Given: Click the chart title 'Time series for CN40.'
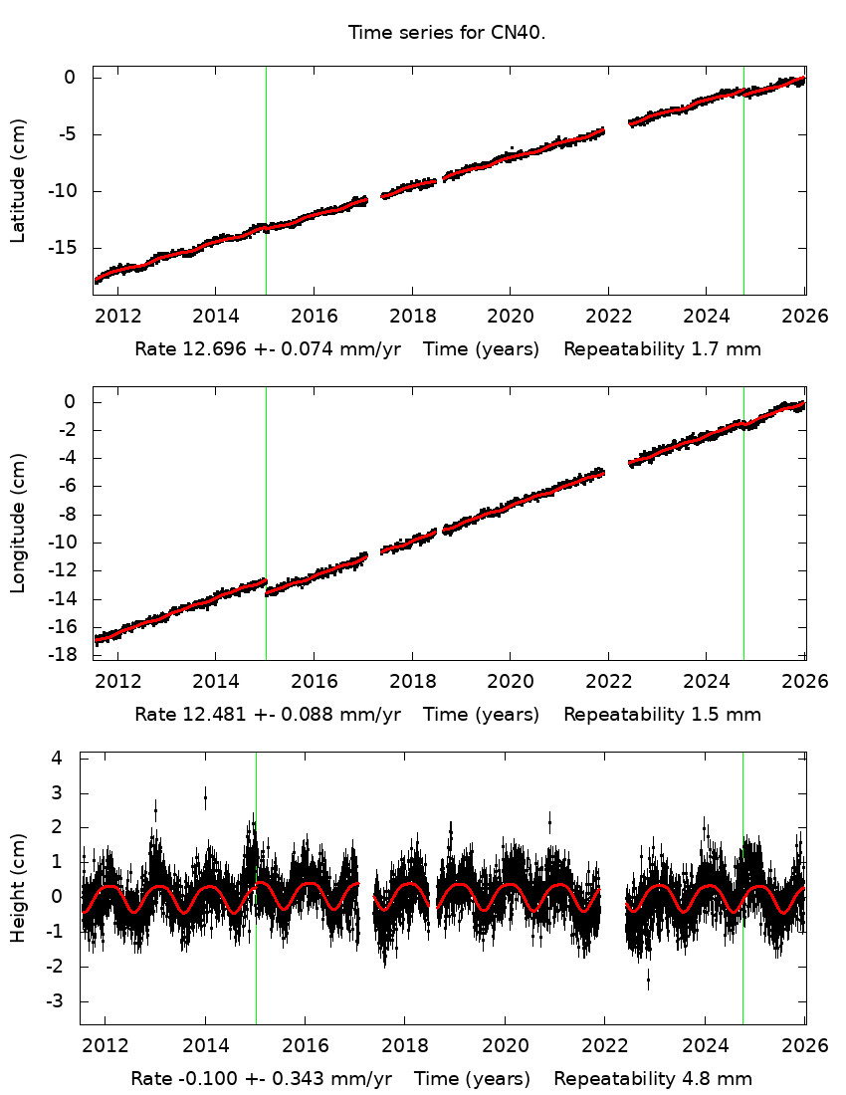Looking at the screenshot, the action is (447, 33).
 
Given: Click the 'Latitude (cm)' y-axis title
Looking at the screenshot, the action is (18, 180).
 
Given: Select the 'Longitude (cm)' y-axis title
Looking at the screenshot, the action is (18, 523).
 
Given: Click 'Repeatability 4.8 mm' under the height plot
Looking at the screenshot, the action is (653, 1078).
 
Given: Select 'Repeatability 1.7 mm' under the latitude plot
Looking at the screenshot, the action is (662, 349).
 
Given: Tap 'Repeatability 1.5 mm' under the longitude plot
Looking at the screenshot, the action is (662, 714).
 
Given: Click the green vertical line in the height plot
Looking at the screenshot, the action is (743, 946).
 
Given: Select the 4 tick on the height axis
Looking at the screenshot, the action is (58, 758).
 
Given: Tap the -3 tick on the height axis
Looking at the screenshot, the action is (55, 1000).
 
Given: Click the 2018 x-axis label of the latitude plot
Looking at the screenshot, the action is (412, 317).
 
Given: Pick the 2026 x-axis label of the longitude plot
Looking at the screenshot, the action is (804, 681).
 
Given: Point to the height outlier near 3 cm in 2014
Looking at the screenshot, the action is (205, 796).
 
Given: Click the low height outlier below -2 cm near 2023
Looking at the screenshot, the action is (648, 981).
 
